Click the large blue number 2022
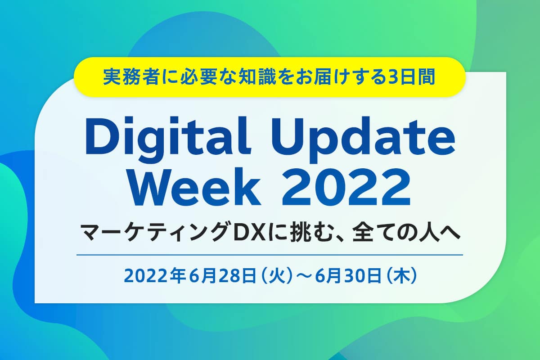pyautogui.click(x=346, y=187)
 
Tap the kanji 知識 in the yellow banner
pyautogui.click(x=257, y=77)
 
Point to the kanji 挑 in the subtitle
pyautogui.click(x=299, y=233)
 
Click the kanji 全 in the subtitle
pyautogui.click(x=362, y=233)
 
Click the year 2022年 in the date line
pyautogui.click(x=154, y=276)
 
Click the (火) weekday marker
pyautogui.click(x=275, y=276)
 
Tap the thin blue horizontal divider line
pyautogui.click(x=270, y=255)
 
